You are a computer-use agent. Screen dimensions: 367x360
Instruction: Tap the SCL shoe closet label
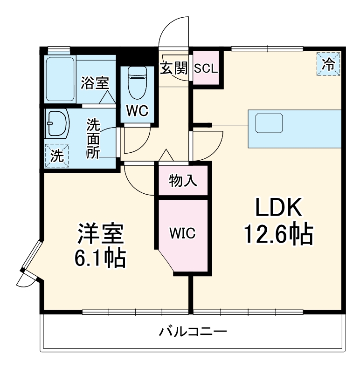206,69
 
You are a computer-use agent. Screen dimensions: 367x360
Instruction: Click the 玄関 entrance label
174,68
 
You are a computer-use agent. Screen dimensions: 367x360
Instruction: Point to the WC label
137,111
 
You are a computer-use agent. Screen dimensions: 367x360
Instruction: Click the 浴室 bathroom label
95,83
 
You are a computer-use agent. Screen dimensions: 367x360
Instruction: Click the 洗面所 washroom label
94,139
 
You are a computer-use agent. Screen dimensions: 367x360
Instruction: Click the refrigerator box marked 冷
329,64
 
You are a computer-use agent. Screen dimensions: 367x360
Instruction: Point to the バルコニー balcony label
193,332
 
